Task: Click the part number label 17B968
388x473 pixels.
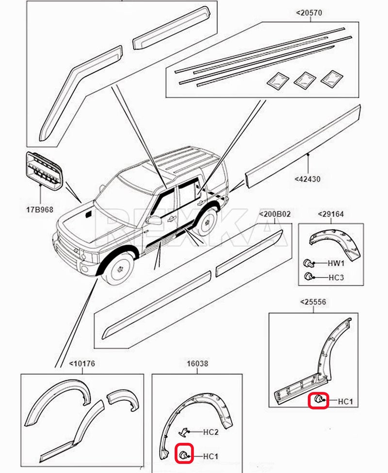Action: pyautogui.click(x=40, y=210)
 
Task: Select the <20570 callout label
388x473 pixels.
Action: pyautogui.click(x=309, y=13)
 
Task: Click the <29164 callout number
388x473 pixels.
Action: pyautogui.click(x=330, y=214)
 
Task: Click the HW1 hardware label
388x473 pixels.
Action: pyautogui.click(x=336, y=264)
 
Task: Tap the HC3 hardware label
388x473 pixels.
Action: pyautogui.click(x=336, y=277)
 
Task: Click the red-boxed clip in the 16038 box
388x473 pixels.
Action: pyautogui.click(x=184, y=454)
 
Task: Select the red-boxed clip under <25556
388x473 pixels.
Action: pyautogui.click(x=319, y=400)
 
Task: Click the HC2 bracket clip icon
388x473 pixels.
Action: pyautogui.click(x=184, y=431)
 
